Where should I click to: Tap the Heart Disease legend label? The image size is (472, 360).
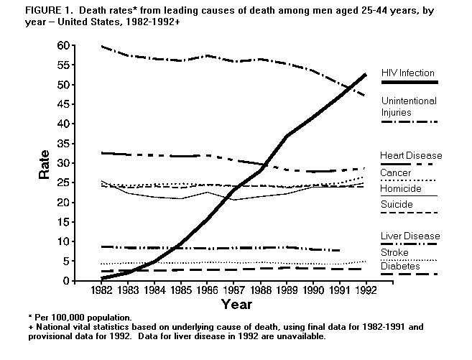pos(411,155)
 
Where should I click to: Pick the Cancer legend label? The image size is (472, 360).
pos(395,173)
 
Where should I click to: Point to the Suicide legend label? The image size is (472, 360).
pos(396,205)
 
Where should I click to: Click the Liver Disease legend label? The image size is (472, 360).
pos(410,236)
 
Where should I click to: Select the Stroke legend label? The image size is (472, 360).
pos(394,252)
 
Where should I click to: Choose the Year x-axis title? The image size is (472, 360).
pos(236,304)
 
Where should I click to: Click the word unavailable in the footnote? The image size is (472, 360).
pos(302,336)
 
